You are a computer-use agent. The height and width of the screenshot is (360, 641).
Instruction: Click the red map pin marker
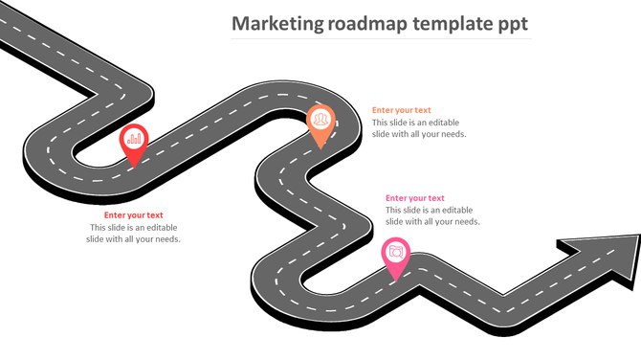click(x=134, y=142)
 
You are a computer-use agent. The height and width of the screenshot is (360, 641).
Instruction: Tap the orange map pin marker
click(x=320, y=122)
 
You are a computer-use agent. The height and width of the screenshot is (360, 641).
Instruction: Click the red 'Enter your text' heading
click(x=133, y=215)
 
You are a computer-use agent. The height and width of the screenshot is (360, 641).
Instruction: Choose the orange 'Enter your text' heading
click(x=401, y=110)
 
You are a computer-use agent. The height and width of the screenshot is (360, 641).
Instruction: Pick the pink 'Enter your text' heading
click(x=415, y=198)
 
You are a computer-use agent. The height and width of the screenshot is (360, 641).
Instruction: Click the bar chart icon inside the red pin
click(x=134, y=139)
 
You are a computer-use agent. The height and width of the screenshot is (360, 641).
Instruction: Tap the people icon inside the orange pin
click(x=320, y=119)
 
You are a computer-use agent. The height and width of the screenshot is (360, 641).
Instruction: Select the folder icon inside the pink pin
click(x=395, y=251)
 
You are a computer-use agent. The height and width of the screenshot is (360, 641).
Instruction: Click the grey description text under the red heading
click(x=133, y=233)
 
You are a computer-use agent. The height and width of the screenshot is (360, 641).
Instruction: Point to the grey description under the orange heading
click(x=419, y=128)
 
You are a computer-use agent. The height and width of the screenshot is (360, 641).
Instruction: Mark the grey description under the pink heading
click(x=432, y=215)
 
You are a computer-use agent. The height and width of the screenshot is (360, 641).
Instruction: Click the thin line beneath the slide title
click(x=383, y=40)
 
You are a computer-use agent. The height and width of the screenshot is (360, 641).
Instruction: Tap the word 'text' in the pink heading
click(x=435, y=198)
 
